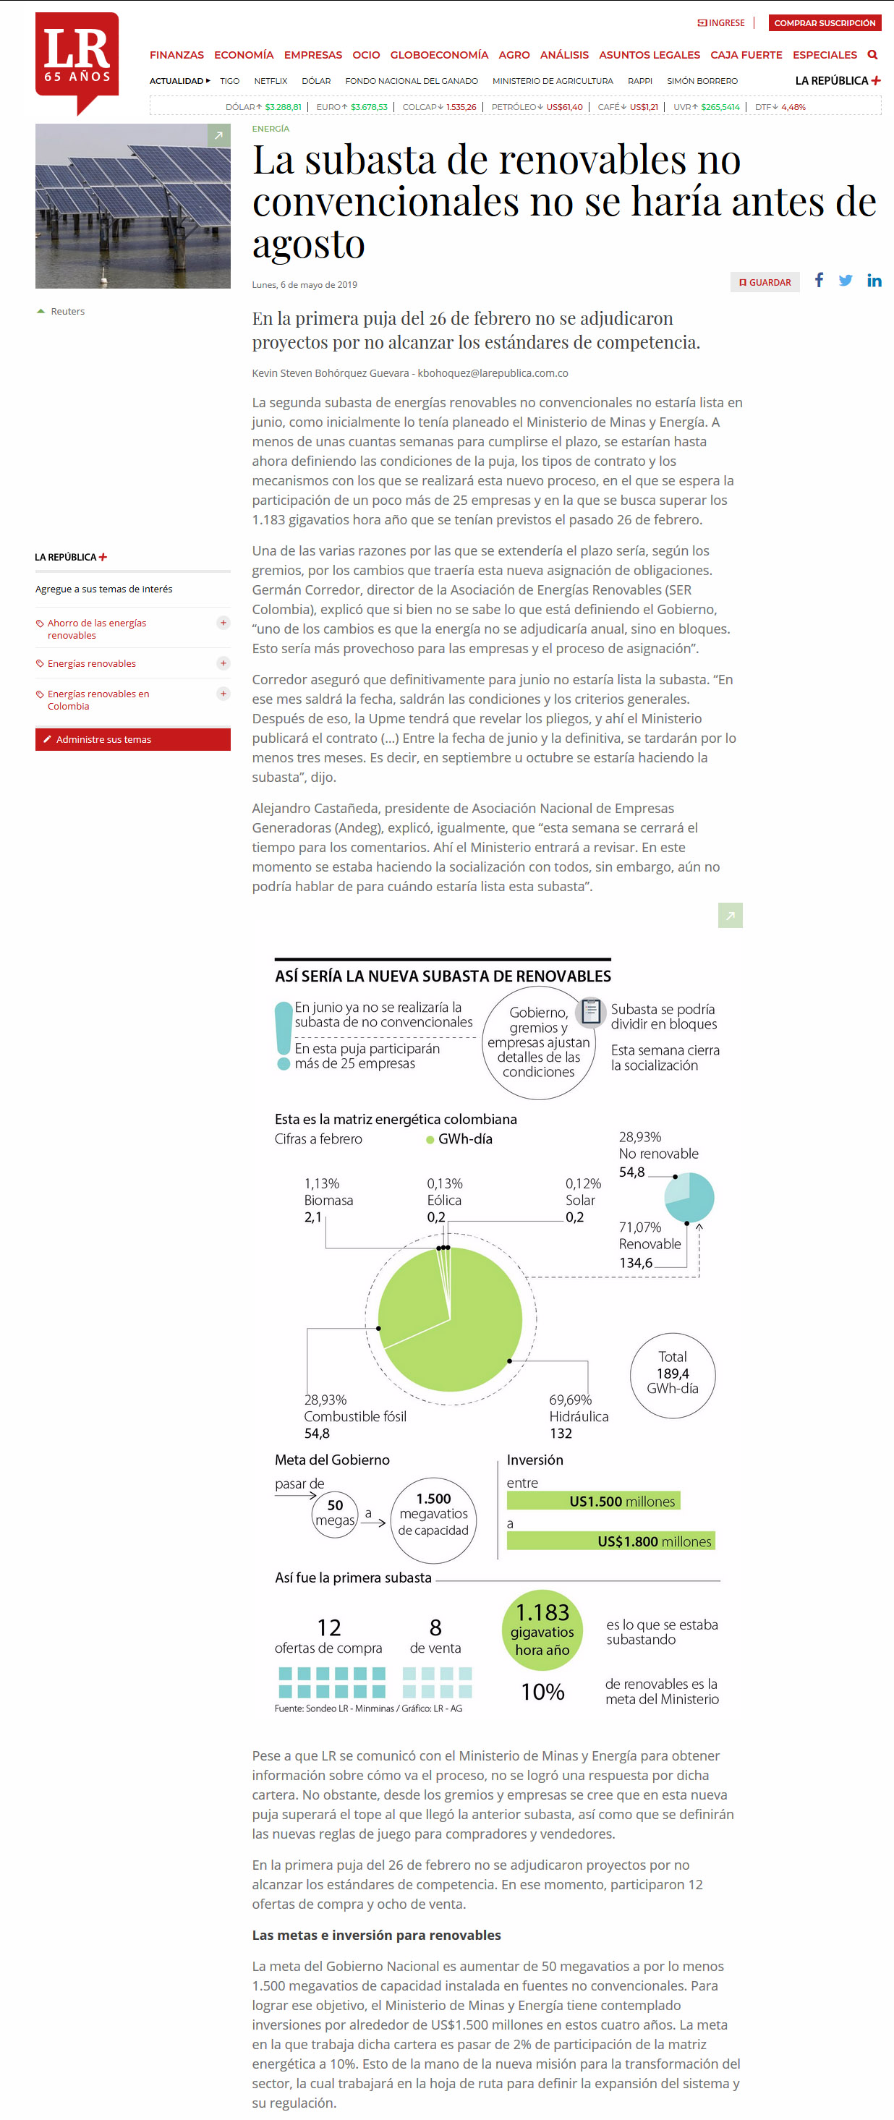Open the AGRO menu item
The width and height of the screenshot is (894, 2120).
point(514,55)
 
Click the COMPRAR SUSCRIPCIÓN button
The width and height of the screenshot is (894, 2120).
point(824,23)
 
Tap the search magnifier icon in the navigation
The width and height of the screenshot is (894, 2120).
point(872,55)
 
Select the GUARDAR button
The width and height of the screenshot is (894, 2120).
point(765,282)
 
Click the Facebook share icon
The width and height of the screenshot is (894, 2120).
point(819,281)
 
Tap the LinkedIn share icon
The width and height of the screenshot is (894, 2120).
point(874,281)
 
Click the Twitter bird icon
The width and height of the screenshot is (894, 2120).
point(846,281)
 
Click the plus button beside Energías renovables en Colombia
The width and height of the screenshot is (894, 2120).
point(223,694)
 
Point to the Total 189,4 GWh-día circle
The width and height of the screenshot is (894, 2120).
point(673,1375)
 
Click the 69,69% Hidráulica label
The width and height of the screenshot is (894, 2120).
point(578,1416)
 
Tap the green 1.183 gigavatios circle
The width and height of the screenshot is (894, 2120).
point(542,1630)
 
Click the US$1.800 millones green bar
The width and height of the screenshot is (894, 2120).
point(610,1541)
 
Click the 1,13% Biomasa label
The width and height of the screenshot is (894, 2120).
point(328,1200)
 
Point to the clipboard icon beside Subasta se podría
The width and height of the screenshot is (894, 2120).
point(590,1010)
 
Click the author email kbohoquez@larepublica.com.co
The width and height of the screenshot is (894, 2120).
point(493,373)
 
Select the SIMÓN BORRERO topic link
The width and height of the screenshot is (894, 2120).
point(702,82)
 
